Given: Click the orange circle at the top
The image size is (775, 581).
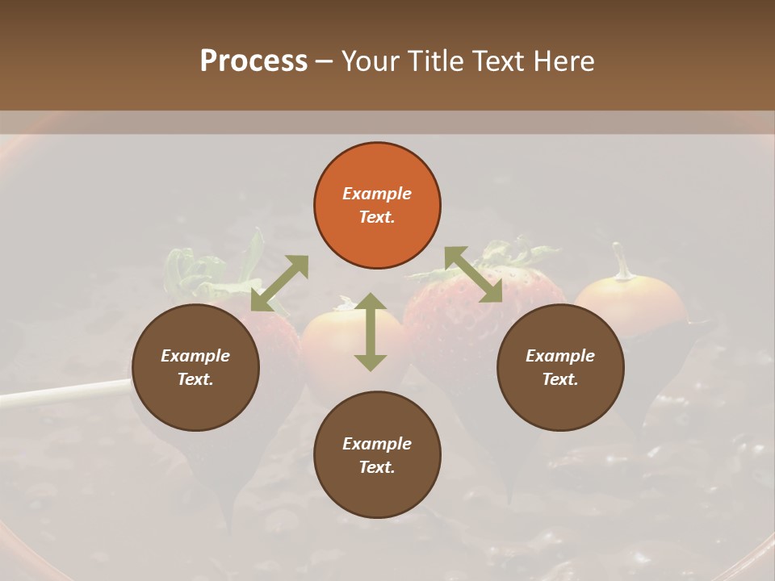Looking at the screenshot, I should pyautogui.click(x=377, y=206).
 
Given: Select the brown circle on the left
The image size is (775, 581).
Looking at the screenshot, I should pyautogui.click(x=195, y=368).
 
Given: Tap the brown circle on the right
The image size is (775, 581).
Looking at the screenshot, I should pyautogui.click(x=559, y=368).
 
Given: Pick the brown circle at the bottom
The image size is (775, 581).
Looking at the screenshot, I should pyautogui.click(x=377, y=455).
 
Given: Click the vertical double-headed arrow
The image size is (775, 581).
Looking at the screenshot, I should pyautogui.click(x=371, y=332).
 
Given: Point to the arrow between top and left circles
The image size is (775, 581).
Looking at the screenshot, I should pyautogui.click(x=279, y=283).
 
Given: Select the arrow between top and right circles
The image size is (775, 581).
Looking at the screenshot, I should pyautogui.click(x=474, y=275).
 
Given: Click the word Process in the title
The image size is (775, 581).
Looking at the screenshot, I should pyautogui.click(x=253, y=61).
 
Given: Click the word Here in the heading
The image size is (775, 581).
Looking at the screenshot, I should pyautogui.click(x=564, y=61).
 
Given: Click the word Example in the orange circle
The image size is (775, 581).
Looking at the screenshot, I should pyautogui.click(x=377, y=194).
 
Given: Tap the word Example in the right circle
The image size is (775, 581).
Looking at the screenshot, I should pyautogui.click(x=559, y=356).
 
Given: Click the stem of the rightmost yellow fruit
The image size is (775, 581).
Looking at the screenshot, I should pyautogui.click(x=621, y=262).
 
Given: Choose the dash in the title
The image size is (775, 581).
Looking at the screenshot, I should pyautogui.click(x=325, y=61).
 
